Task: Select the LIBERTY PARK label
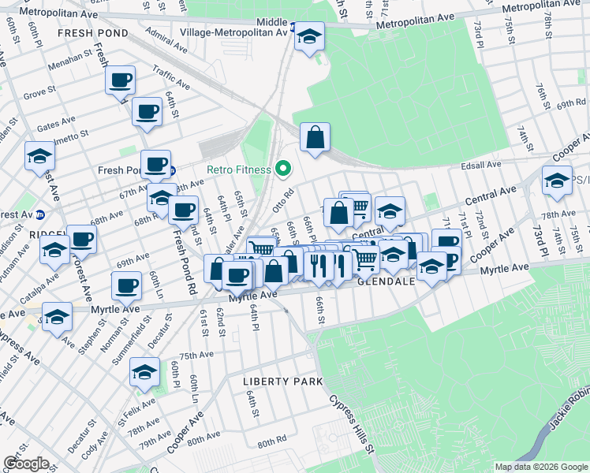(x=282, y=382)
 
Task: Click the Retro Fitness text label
(x=239, y=169)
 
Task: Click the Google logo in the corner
(x=26, y=464)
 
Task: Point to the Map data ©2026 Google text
(x=540, y=467)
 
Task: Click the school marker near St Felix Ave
(x=145, y=373)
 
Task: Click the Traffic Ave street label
(x=171, y=76)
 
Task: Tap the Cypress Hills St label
(x=351, y=423)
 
